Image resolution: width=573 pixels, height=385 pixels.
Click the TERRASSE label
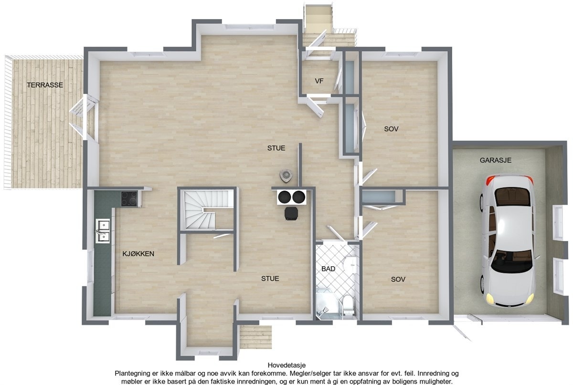click(x=45, y=85)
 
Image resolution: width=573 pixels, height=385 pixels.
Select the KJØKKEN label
click(x=138, y=254)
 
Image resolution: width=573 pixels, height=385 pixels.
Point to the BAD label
click(x=328, y=269)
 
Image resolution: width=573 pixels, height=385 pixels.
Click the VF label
click(x=319, y=81)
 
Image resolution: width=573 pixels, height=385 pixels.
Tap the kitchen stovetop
click(x=129, y=198)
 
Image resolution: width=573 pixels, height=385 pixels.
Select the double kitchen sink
click(x=103, y=230)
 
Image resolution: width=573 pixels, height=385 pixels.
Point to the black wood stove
click(x=290, y=213)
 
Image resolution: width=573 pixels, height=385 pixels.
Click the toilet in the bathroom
click(x=349, y=304)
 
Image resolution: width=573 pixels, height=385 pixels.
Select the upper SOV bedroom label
click(x=392, y=129)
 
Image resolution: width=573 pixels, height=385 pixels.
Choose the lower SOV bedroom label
click(x=398, y=279)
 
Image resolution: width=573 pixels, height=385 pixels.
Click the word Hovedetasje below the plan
click(x=286, y=365)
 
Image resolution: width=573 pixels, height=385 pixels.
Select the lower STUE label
click(x=270, y=278)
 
